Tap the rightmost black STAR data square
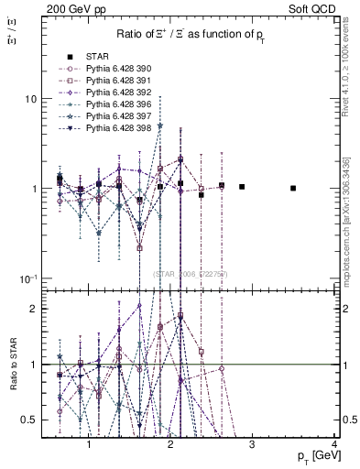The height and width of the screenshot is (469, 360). [x=293, y=188]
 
